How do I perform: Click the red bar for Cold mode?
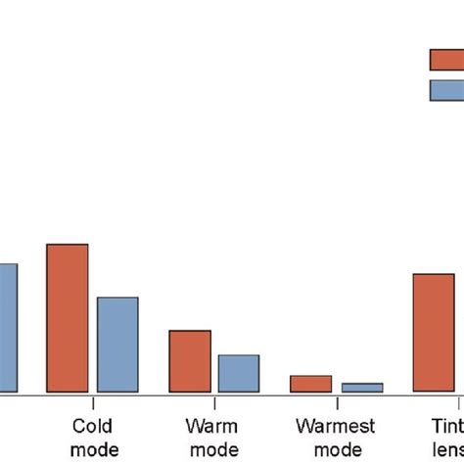(x=68, y=318)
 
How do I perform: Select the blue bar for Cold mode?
(x=117, y=345)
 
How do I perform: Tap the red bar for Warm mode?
(x=190, y=361)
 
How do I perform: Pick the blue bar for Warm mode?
(x=239, y=373)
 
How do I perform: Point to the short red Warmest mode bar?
(x=311, y=384)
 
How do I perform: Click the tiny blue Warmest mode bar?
(x=361, y=388)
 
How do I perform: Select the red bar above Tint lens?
(x=434, y=333)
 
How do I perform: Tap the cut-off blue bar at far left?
(x=8, y=328)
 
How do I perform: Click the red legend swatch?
(x=446, y=60)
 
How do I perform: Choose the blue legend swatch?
(x=446, y=90)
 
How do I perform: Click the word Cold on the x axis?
(x=93, y=426)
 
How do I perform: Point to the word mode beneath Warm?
(x=213, y=449)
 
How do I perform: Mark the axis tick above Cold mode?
(x=93, y=400)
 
